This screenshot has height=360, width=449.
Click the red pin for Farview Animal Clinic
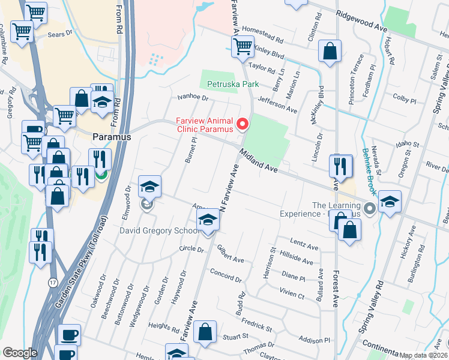243,124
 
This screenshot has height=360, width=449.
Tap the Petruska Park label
233,85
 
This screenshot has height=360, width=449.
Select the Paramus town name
112,137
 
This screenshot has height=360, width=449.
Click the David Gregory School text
159,230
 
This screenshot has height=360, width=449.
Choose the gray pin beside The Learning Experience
370,209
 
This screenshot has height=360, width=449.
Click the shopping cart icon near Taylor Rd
243,45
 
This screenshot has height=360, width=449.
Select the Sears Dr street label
60,35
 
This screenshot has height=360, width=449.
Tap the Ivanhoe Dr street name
192,97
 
